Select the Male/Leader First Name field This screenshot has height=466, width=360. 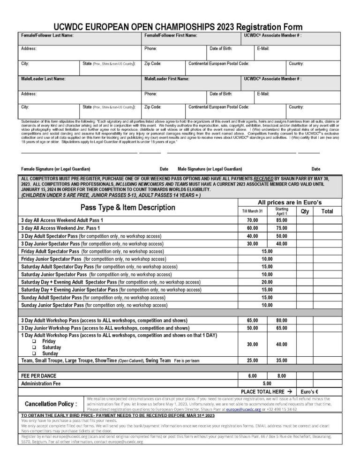(x=192, y=83)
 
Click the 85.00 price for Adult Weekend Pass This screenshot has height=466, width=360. (x=282, y=220)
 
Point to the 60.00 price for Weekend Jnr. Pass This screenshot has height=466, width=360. (x=253, y=228)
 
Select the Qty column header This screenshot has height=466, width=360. (x=305, y=211)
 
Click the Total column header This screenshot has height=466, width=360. (x=327, y=211)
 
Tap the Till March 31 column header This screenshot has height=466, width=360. (x=253, y=211)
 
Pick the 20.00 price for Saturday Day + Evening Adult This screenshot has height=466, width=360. (x=267, y=282)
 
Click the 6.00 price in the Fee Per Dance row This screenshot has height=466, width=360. (x=253, y=376)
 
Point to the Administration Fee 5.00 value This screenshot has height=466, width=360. (x=267, y=383)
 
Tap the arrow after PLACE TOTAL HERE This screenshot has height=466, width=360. (x=289, y=391)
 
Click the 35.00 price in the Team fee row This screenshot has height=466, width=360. (x=282, y=361)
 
